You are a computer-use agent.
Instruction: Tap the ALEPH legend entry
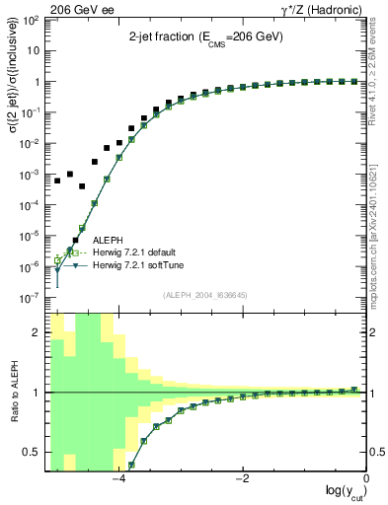(109, 240)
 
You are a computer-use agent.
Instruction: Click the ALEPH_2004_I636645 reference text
(205, 294)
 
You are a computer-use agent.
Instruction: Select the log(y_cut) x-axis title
(342, 493)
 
